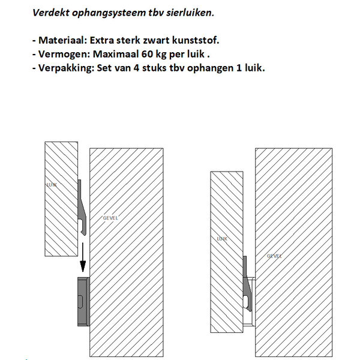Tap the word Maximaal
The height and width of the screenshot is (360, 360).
115,54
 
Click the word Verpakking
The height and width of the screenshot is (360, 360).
65,67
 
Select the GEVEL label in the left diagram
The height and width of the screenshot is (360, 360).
110,217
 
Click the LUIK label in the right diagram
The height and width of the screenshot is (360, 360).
221,239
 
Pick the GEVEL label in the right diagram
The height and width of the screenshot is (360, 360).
275,256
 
